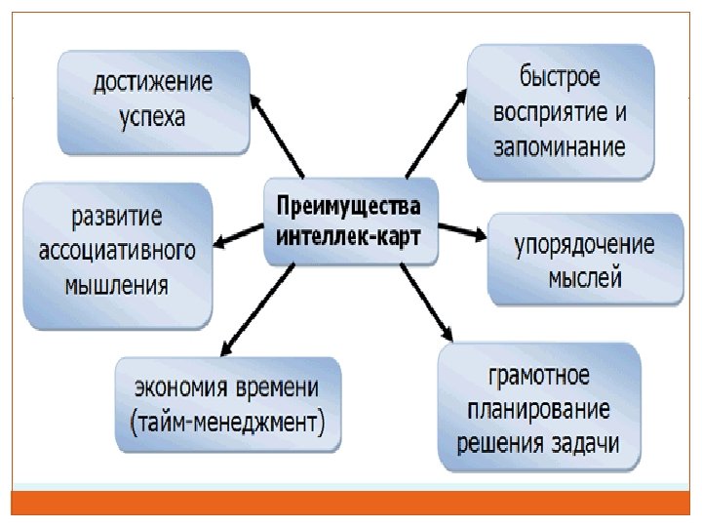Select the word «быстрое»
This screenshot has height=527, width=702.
click(x=561, y=75)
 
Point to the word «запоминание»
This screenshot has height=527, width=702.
click(x=560, y=148)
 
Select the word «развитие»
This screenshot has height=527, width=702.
click(x=116, y=214)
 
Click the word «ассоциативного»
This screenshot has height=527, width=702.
click(x=116, y=250)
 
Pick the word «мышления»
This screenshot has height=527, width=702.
click(x=116, y=286)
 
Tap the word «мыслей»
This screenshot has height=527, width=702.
click(x=585, y=278)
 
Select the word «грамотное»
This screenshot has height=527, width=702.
click(x=539, y=374)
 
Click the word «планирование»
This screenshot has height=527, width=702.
click(x=539, y=408)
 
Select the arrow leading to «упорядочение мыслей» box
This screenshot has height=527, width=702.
click(x=462, y=231)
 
